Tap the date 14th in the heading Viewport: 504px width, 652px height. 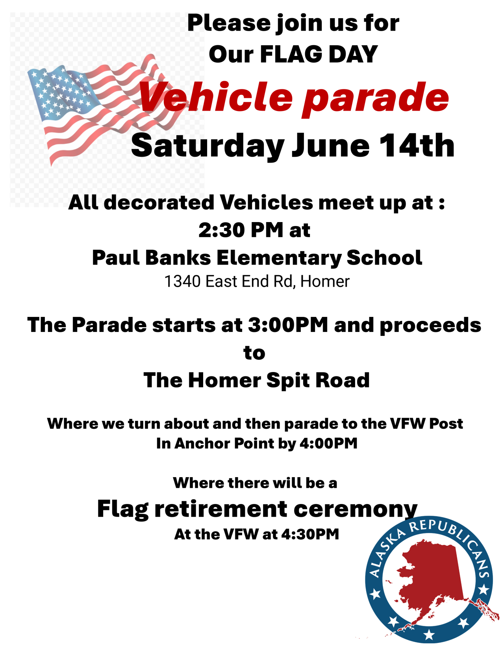click(417, 146)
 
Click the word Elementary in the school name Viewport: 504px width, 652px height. click(279, 258)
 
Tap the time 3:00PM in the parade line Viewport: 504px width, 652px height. click(288, 325)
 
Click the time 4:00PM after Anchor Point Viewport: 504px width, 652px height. click(329, 443)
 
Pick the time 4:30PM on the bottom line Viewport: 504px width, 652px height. click(310, 534)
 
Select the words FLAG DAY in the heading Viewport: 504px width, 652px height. click(319, 54)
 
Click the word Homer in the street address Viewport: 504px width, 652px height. click(325, 282)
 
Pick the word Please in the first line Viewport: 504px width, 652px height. click(229, 23)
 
